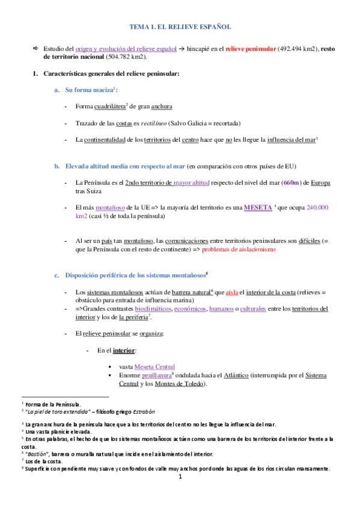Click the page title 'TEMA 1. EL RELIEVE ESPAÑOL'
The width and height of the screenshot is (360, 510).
tap(180, 27)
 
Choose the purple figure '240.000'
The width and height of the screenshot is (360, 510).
tap(318, 207)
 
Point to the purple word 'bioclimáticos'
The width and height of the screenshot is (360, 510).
tap(151, 309)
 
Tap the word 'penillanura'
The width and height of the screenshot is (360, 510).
tap(156, 375)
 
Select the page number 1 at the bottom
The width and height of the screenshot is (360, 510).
tap(180, 478)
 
